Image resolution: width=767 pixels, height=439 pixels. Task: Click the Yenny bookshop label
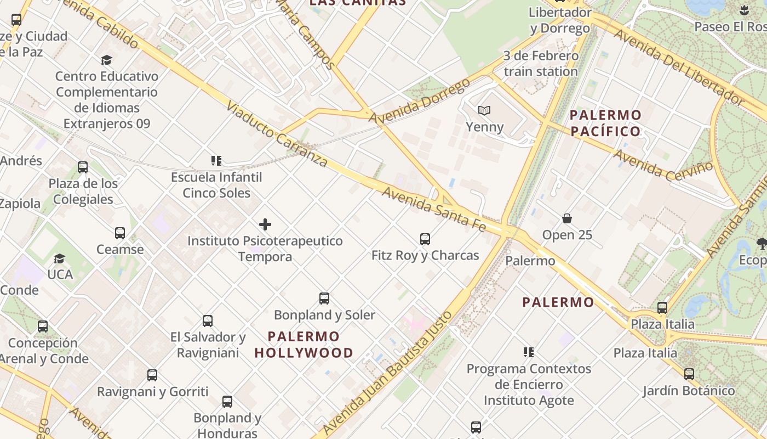(x=484, y=127)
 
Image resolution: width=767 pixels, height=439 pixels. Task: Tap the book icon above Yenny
(x=484, y=110)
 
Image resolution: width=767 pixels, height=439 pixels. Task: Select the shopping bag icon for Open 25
(x=567, y=218)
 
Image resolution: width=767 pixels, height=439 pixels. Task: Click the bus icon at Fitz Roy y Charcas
(x=425, y=239)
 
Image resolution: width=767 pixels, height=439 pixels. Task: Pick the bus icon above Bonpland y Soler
(x=324, y=299)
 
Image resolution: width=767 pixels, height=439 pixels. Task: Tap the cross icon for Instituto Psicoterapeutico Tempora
(x=265, y=224)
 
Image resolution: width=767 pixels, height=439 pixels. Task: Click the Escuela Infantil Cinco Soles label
(x=216, y=185)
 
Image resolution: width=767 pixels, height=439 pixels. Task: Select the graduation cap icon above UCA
(x=59, y=258)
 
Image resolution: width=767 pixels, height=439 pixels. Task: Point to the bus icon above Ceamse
(x=120, y=233)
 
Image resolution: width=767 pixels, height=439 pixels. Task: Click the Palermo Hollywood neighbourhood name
(x=304, y=345)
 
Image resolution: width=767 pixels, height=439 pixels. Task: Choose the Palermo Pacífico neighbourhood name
(x=605, y=123)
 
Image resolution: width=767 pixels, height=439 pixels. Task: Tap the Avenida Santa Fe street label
(x=433, y=209)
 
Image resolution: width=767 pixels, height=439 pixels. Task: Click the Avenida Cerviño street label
(x=663, y=165)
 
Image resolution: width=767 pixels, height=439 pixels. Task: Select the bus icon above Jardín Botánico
(x=689, y=374)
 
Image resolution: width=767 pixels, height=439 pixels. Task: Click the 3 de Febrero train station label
(x=541, y=64)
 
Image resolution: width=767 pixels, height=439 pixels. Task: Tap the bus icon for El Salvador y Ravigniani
(x=208, y=321)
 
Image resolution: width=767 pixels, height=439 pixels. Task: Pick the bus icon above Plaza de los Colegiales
(x=83, y=167)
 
